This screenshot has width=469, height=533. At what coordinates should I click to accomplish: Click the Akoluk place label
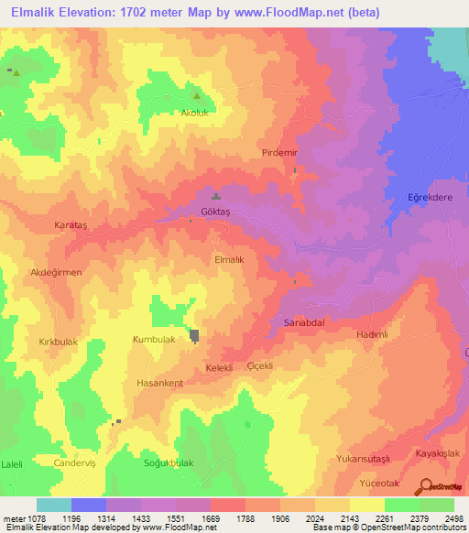coord(198,114)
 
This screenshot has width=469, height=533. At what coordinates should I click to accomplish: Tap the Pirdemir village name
coord(280,152)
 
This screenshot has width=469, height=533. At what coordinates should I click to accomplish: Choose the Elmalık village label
coord(229,260)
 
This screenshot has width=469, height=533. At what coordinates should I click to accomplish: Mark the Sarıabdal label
coord(300,323)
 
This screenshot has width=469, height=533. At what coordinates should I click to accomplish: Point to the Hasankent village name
coord(159,383)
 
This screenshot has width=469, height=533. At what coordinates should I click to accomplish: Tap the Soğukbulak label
coord(169,463)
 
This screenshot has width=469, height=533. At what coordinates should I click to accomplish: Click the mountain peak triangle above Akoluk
coord(196,94)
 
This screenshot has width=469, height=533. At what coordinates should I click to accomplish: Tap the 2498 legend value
coord(454,517)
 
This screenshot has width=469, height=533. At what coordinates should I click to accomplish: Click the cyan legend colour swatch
coord(54,505)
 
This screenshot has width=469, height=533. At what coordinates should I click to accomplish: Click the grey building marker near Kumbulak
coord(195,336)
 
